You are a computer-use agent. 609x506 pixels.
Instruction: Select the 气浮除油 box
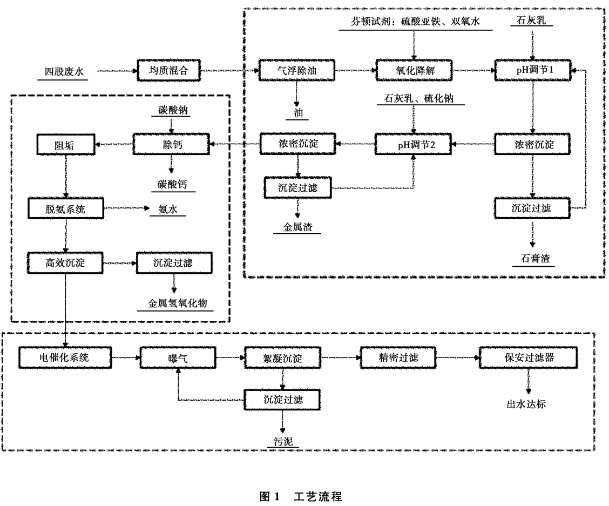pyautogui.click(x=296, y=70)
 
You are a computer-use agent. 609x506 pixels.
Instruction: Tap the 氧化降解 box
pyautogui.click(x=414, y=70)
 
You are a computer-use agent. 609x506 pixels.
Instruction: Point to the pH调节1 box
pyautogui.click(x=533, y=70)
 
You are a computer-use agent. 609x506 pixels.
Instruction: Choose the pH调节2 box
pyautogui.click(x=414, y=144)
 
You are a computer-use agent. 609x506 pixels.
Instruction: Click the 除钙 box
pyautogui.click(x=170, y=144)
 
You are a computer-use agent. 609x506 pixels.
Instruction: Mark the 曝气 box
pyautogui.click(x=178, y=357)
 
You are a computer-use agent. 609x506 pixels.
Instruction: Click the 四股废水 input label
pyautogui.click(x=64, y=71)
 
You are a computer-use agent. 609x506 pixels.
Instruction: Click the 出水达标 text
pyautogui.click(x=525, y=404)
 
